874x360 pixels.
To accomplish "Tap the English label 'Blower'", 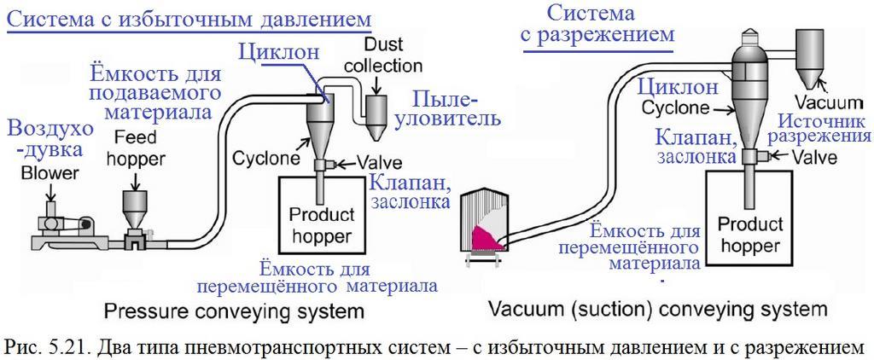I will (28, 173).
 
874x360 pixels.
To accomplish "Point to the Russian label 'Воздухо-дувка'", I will (34, 139).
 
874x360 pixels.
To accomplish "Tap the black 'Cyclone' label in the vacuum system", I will (675, 108).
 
